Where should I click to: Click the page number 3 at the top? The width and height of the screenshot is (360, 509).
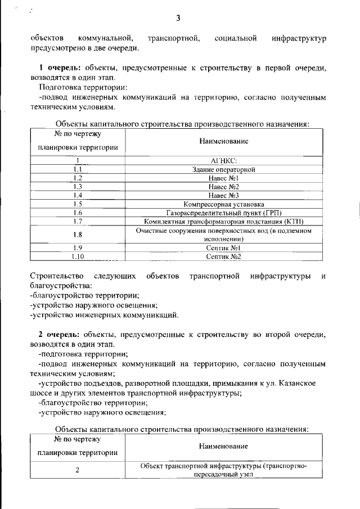click(x=178, y=18)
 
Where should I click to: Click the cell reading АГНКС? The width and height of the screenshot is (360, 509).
click(x=224, y=160)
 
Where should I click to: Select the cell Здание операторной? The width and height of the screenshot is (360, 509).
click(x=224, y=169)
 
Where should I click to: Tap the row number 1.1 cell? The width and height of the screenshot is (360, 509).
click(x=78, y=169)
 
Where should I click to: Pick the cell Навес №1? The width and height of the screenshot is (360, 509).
click(x=224, y=178)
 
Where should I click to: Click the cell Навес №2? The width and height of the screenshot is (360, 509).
click(x=224, y=186)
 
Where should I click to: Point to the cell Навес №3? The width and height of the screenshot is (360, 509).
click(x=224, y=195)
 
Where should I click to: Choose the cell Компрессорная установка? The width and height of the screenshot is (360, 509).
click(x=224, y=204)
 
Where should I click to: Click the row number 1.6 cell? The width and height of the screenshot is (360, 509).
click(x=78, y=213)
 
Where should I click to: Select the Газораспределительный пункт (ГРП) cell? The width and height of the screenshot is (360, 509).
click(x=224, y=213)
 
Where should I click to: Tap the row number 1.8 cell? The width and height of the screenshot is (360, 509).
click(x=78, y=235)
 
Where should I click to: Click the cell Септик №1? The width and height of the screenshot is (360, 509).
click(x=224, y=248)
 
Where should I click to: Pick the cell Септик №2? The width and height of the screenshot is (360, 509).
click(x=224, y=257)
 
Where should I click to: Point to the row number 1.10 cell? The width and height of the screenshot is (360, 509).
click(x=78, y=257)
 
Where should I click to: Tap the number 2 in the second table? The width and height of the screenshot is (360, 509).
click(x=78, y=470)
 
